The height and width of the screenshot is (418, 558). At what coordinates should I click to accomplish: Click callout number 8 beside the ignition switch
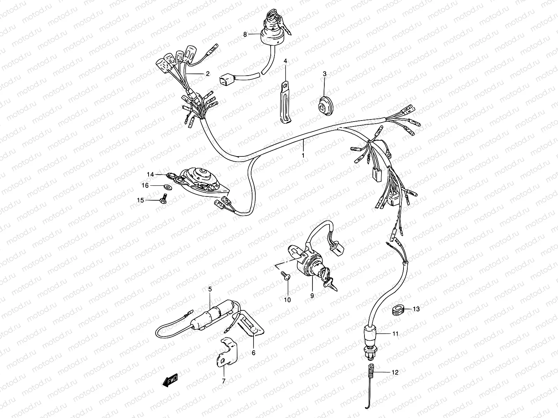[x=245, y=34]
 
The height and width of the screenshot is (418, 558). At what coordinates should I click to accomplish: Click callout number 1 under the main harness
[x=303, y=155]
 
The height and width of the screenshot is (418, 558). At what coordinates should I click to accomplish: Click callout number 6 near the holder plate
[x=254, y=353]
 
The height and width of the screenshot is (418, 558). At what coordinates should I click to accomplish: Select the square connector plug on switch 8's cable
[x=225, y=80]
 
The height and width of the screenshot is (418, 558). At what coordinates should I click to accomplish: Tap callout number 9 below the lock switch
[x=312, y=295]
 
